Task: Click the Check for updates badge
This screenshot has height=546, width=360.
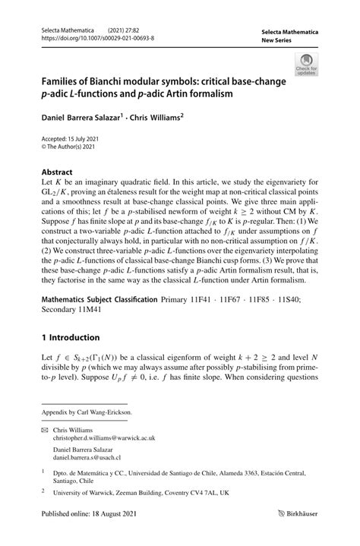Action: tap(308, 65)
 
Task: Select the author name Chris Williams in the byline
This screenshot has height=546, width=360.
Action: tap(156, 118)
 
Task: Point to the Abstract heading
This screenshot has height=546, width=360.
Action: tap(57, 172)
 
